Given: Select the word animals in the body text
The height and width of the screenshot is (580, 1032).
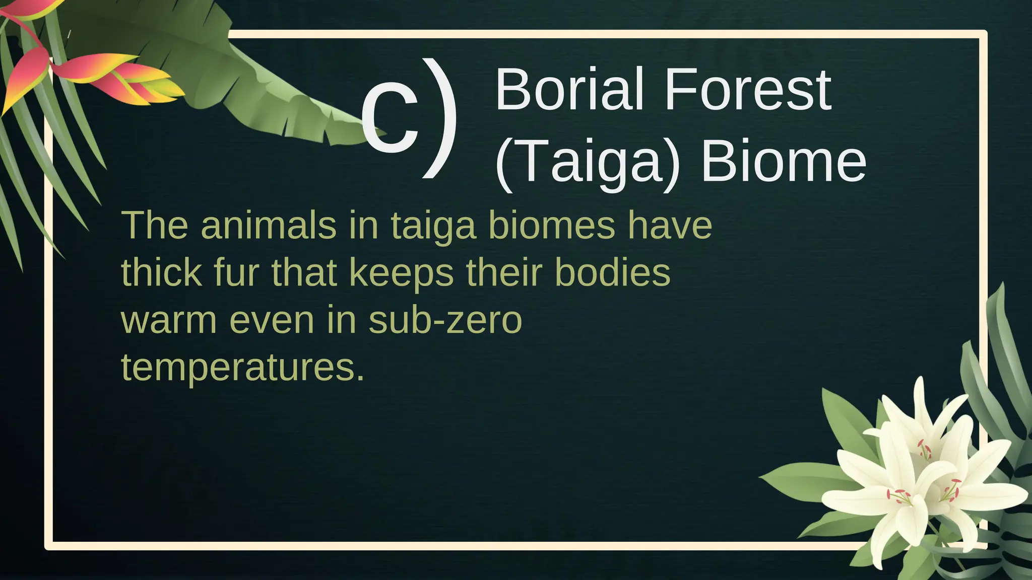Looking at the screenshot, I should pyautogui.click(x=268, y=225).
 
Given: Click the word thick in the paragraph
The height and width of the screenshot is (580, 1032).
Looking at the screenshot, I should pyautogui.click(x=161, y=272).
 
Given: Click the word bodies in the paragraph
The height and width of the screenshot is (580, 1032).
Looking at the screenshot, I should pyautogui.click(x=612, y=272).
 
